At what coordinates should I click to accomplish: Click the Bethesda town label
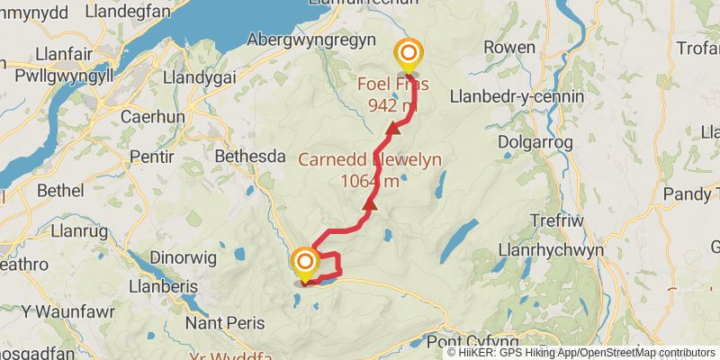(249, 157)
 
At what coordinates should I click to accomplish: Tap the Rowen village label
(508, 47)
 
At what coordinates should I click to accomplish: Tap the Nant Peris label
(224, 321)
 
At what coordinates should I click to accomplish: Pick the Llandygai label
(199, 77)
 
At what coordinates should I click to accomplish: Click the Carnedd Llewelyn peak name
(370, 160)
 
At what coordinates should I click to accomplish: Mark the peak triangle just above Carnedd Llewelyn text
(392, 130)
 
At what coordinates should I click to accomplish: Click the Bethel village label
(62, 191)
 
